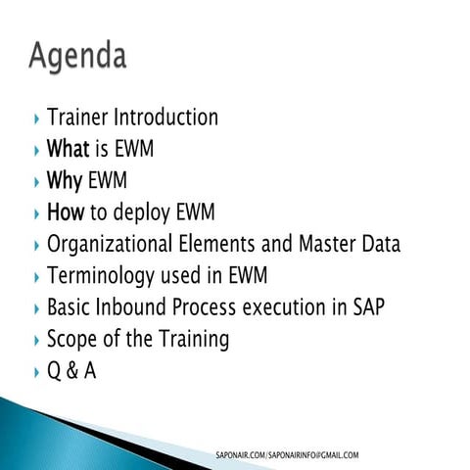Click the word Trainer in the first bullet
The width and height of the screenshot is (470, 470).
click(78, 118)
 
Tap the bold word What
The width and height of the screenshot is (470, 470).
click(69, 150)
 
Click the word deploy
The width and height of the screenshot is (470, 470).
click(145, 213)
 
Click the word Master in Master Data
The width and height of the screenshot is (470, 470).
click(326, 244)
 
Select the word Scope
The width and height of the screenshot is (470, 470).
click(71, 340)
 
